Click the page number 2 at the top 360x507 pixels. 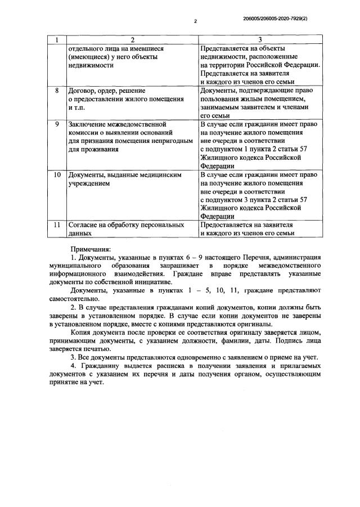point(195,21)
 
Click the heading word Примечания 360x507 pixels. point(91,248)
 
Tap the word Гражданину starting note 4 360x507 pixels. point(103,366)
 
